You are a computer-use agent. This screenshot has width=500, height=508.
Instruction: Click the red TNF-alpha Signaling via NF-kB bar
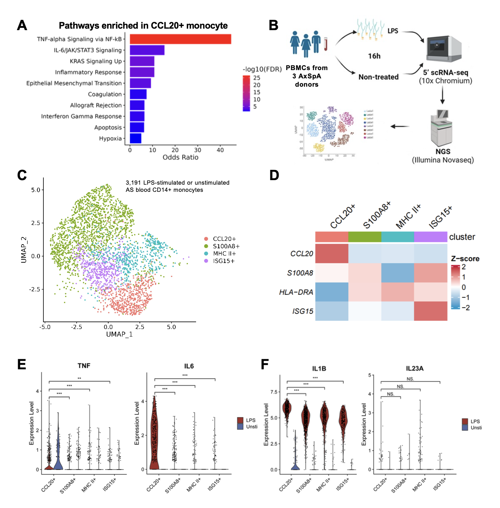[180, 39]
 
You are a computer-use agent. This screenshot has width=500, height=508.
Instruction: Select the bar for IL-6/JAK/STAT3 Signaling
[147, 50]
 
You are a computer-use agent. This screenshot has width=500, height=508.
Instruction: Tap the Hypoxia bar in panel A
[135, 138]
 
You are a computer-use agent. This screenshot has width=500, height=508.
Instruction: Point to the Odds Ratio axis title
[180, 158]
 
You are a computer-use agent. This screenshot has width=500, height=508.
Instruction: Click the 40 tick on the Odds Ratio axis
[220, 150]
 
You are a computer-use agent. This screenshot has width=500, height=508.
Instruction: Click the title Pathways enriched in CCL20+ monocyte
[143, 26]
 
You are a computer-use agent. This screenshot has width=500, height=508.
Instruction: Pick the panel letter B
[273, 25]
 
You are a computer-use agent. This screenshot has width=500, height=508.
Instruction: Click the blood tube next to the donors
[325, 43]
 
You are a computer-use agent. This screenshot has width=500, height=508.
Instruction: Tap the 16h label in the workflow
[374, 56]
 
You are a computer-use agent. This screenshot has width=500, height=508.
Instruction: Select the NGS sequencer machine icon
[441, 128]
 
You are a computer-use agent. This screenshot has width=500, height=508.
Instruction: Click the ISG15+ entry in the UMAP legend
[224, 261]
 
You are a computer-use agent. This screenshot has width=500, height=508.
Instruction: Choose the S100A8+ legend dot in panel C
[206, 246]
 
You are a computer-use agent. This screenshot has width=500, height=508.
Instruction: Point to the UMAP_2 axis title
[24, 250]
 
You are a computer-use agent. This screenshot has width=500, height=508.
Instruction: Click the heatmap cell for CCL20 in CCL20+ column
[331, 254]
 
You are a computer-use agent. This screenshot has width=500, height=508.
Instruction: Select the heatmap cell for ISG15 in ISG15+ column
[431, 311]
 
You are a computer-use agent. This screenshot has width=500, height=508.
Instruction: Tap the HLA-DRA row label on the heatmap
[296, 292]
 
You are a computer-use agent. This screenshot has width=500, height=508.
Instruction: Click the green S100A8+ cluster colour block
[365, 237]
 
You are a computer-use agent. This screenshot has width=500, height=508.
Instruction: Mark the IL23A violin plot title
[414, 368]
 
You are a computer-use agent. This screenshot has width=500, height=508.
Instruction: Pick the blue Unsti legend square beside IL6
[240, 427]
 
